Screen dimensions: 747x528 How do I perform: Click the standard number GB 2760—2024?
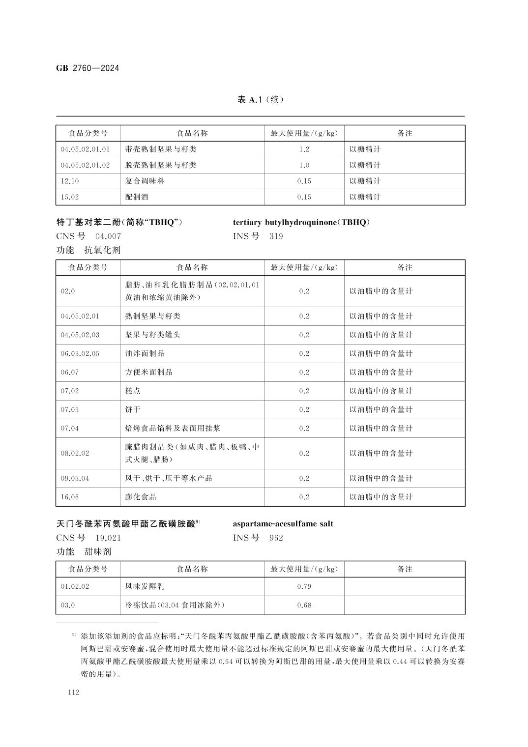click(x=88, y=68)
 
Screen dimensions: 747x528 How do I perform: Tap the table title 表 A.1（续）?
click(x=260, y=100)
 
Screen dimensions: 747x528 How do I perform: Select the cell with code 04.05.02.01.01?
click(x=85, y=149)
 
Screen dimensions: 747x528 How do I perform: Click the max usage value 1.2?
click(x=304, y=149)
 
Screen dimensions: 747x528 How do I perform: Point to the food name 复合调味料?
click(x=145, y=181)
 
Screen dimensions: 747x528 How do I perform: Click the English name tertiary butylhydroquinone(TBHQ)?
click(x=301, y=222)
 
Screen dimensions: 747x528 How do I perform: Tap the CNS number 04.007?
click(x=108, y=236)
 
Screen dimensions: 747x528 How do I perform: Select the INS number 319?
click(x=276, y=236)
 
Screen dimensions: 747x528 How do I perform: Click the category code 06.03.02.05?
click(x=80, y=353)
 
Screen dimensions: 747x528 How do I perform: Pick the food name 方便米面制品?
click(x=148, y=372)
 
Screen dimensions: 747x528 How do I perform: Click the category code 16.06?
click(x=70, y=497)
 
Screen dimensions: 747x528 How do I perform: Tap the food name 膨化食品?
click(x=141, y=497)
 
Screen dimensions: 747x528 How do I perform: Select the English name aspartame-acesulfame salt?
click(x=283, y=524)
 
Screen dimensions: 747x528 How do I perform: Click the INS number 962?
click(x=276, y=538)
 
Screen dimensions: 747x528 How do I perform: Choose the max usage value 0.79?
click(x=304, y=586)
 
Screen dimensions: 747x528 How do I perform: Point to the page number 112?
click(x=74, y=692)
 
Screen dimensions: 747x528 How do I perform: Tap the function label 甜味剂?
click(x=98, y=551)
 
